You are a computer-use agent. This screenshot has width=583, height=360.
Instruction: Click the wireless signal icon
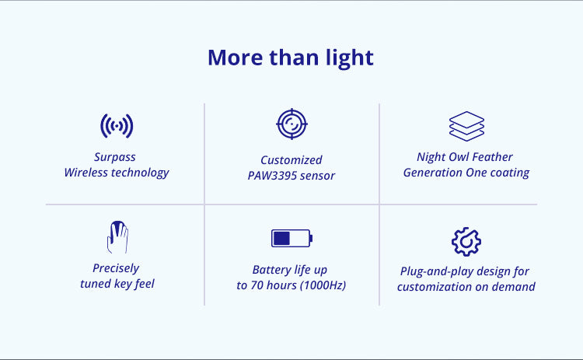point(117,126)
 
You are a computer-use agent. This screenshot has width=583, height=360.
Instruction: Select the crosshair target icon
point(291,124)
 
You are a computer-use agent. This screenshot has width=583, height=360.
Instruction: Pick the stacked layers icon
point(466,127)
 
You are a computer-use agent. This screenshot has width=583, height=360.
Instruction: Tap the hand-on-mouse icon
point(117,237)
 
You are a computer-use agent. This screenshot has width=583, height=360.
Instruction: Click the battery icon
point(291,239)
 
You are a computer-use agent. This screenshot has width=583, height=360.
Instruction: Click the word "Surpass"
point(114,157)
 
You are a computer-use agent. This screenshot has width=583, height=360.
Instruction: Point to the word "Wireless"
point(86,173)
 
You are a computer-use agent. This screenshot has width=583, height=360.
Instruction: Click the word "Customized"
point(291,160)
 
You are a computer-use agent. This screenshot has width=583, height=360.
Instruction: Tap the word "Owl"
point(459,157)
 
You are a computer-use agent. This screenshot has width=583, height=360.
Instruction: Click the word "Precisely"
point(116,268)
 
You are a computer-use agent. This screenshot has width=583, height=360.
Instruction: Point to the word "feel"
point(145,284)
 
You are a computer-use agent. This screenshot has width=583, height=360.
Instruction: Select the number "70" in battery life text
point(257,285)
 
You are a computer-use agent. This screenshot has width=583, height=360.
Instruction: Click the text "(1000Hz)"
point(323,285)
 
